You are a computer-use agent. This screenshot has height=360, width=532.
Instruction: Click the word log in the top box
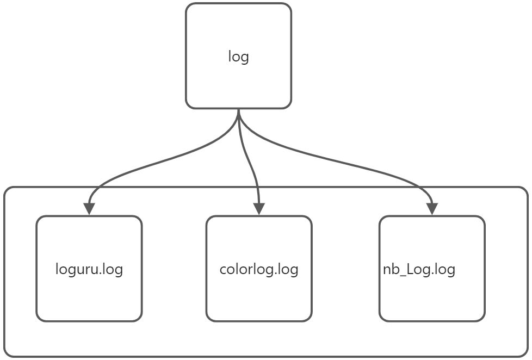(238, 57)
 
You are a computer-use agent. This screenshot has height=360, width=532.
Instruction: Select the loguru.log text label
(89, 269)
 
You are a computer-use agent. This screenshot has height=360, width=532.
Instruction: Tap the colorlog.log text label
(259, 269)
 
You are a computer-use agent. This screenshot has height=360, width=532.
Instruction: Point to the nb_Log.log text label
(419, 269)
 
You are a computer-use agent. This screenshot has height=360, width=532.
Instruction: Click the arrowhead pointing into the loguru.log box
(89, 209)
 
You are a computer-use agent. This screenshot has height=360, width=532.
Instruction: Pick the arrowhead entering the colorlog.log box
(259, 209)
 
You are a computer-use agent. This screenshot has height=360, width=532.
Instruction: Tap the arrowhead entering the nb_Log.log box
(432, 209)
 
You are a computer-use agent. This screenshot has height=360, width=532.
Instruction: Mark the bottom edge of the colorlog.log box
(259, 321)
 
